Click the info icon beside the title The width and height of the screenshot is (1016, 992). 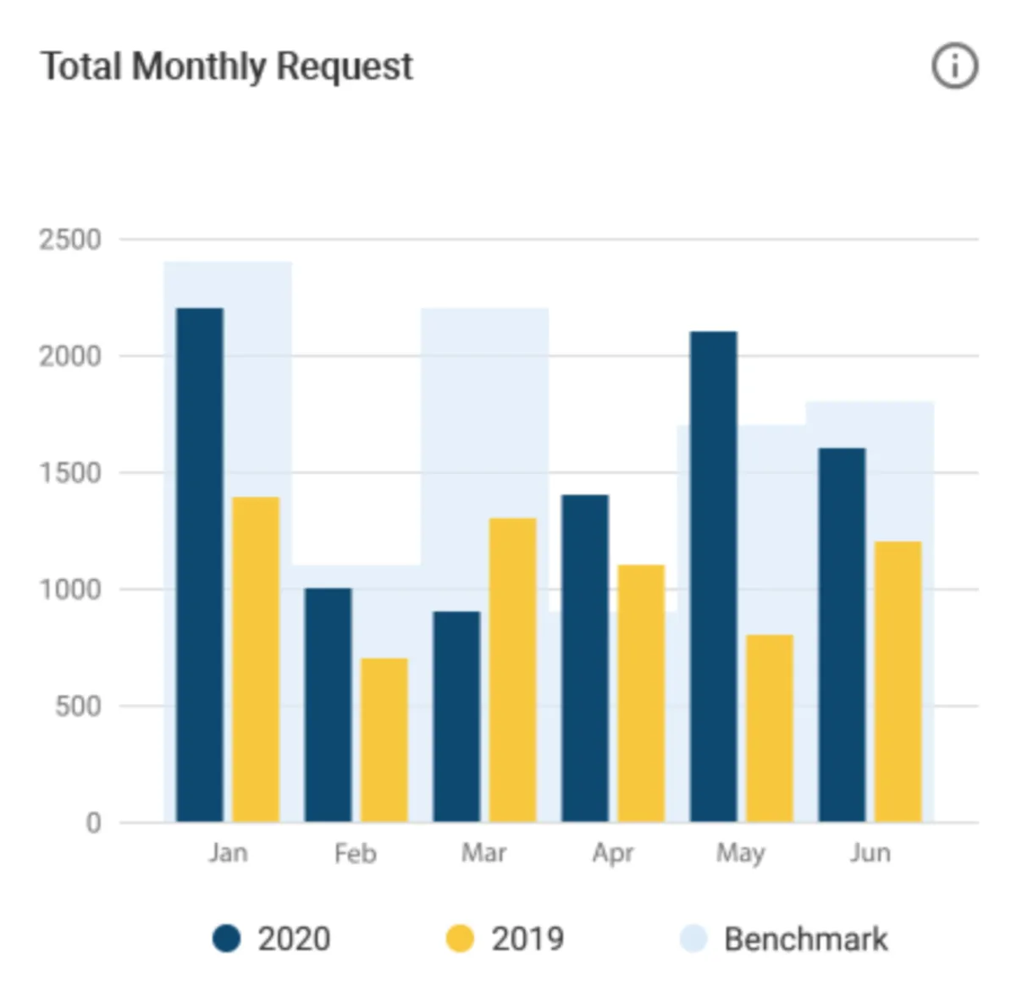coord(954,66)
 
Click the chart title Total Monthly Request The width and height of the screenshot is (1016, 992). coord(227,66)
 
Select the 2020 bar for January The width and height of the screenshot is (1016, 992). coord(200,565)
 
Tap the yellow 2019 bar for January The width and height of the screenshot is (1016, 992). coord(256,659)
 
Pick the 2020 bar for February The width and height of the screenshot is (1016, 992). coord(329,705)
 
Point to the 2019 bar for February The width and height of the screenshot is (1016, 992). coord(384,740)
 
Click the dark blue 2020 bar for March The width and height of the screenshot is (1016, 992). coord(456,716)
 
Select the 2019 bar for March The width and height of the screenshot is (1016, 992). coord(513,670)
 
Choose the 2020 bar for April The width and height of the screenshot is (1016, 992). coord(585,659)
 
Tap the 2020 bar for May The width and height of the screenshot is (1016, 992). coord(714,576)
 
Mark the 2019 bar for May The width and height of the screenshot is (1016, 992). coord(770,728)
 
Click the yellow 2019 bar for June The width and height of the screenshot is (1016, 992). coord(898,681)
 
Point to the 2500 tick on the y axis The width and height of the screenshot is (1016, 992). coord(70,240)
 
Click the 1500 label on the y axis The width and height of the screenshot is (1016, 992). coord(70,473)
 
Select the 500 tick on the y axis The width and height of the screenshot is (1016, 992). coord(78,706)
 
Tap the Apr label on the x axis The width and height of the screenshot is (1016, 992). coord(613,852)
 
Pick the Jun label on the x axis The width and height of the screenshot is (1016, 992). coord(870,852)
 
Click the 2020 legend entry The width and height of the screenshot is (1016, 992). coord(272,939)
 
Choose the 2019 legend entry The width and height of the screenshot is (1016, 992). coord(505,939)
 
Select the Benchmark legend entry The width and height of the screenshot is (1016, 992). coord(785,939)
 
